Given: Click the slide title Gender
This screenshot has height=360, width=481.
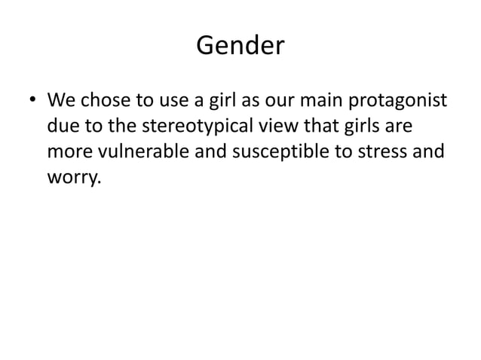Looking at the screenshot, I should (x=240, y=47).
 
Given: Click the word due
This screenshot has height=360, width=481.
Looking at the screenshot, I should (x=63, y=126).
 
